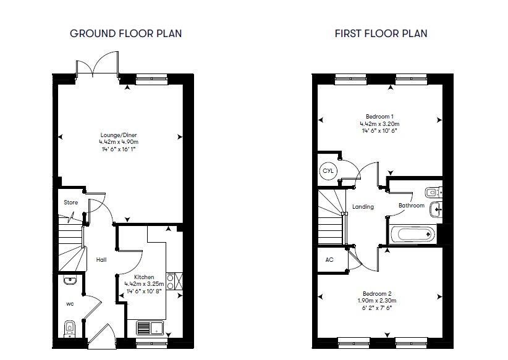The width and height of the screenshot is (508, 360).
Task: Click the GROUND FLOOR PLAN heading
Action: (125, 34)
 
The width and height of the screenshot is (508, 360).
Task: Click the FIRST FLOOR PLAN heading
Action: (381, 34)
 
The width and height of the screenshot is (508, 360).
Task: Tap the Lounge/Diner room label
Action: (119, 135)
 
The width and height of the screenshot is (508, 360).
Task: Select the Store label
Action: (70, 203)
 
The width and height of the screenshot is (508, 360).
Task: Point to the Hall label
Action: (101, 259)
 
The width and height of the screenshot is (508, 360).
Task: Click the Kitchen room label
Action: (144, 277)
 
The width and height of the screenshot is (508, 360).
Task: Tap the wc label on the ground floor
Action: (70, 304)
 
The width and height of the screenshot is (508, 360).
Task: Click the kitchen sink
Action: (150, 328)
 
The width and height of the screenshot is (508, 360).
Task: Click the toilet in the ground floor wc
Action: (69, 329)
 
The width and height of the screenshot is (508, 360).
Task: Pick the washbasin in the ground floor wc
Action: (70, 280)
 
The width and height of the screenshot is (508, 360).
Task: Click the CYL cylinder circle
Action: (328, 170)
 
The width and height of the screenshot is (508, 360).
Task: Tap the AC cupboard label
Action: (329, 259)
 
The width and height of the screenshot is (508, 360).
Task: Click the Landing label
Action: (363, 206)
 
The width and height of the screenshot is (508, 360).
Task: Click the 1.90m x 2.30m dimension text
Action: (377, 301)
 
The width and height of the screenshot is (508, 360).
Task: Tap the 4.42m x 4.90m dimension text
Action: (119, 142)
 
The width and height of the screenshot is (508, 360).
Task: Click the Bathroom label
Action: (412, 206)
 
